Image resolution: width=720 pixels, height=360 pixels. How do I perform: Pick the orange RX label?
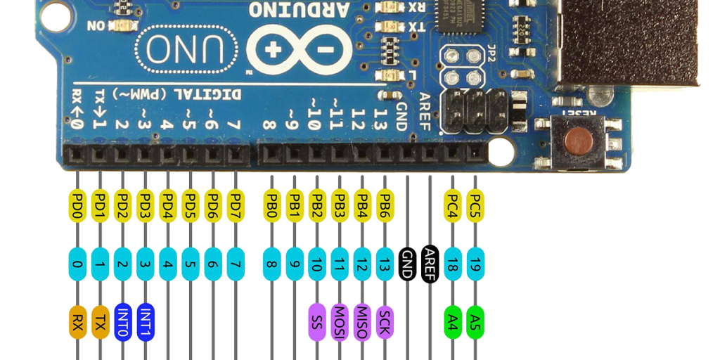point(77,322)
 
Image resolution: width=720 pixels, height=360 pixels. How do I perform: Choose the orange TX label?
point(101,322)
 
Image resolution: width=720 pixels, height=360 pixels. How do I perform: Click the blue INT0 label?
point(123,322)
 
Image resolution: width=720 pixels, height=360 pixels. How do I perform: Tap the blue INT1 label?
point(146,322)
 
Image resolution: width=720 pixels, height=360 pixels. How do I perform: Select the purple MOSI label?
point(340,322)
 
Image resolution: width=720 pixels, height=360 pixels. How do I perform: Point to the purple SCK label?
point(385,322)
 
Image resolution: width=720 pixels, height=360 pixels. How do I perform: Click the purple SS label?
point(317,322)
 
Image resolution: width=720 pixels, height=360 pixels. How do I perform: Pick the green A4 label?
point(454,322)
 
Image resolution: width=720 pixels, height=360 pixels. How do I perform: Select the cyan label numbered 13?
point(385,264)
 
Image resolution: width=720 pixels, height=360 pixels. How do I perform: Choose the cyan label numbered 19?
point(475,264)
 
